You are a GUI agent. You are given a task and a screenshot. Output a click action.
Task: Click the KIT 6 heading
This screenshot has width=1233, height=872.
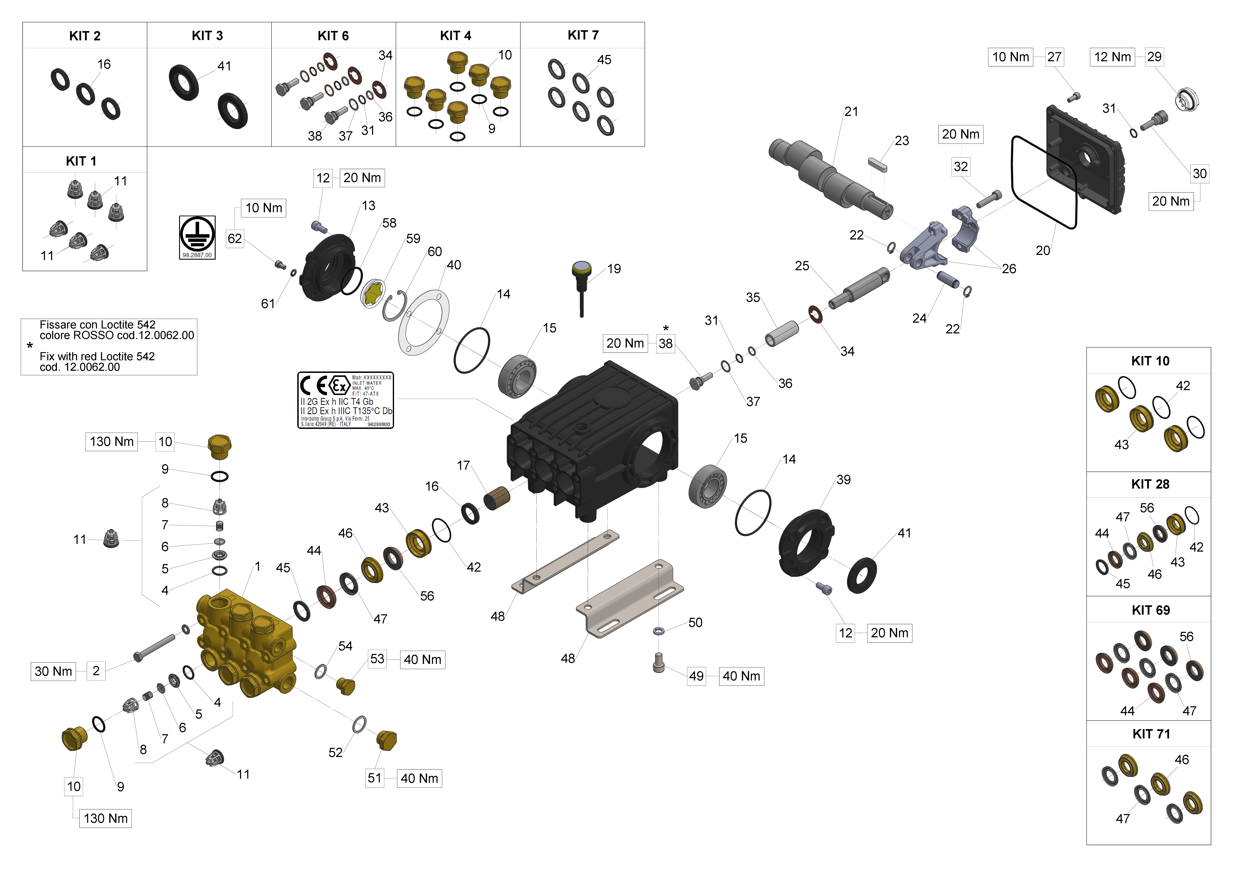click(x=333, y=36)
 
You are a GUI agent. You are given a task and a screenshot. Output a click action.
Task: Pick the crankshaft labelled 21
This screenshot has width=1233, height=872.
click(x=830, y=177)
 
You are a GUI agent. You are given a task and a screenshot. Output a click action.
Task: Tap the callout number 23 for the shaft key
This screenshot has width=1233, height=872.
click(x=902, y=141)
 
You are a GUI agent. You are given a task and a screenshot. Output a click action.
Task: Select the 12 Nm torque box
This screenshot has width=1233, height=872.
click(x=1112, y=57)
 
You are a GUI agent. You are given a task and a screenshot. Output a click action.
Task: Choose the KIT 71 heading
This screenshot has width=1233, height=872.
click(x=1151, y=734)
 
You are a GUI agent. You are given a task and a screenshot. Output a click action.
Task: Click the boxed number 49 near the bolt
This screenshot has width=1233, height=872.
click(x=697, y=676)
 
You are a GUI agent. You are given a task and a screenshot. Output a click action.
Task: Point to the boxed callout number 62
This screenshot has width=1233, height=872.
click(x=235, y=238)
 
